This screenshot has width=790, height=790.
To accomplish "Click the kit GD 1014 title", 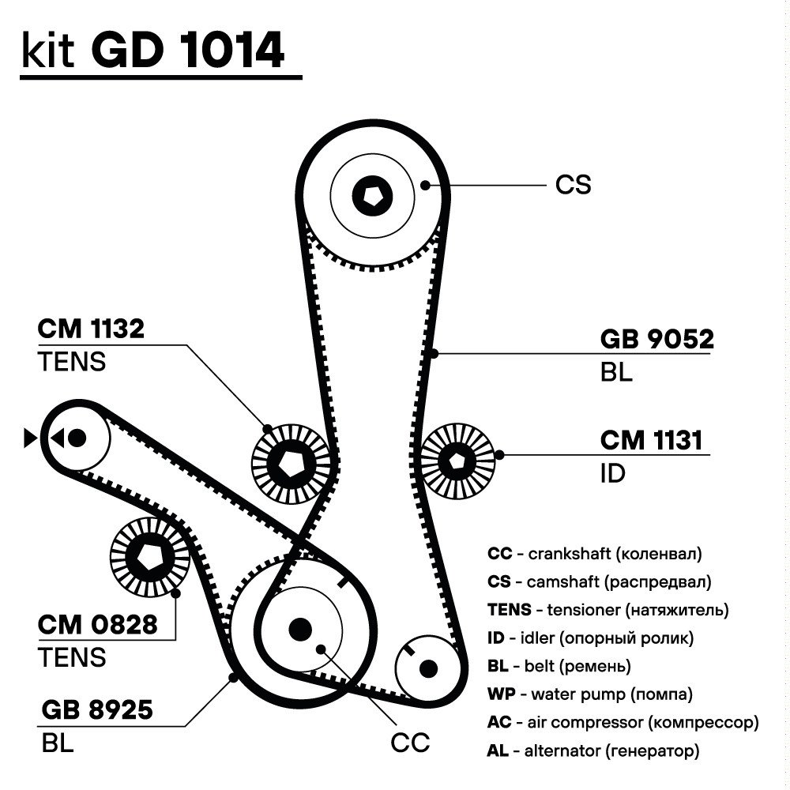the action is (x=153, y=50).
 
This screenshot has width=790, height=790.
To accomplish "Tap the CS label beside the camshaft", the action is (x=573, y=185).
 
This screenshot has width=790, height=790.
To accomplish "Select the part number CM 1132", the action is (x=91, y=329).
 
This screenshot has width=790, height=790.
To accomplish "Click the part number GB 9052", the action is (x=656, y=339).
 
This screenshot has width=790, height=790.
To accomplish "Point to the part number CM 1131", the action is (x=651, y=440).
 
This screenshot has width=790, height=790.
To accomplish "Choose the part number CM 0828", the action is (x=97, y=625).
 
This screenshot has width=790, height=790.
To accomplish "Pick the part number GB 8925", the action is (x=96, y=710).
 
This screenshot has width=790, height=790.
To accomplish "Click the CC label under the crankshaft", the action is (x=410, y=743).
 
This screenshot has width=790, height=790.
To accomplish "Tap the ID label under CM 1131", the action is (x=612, y=473).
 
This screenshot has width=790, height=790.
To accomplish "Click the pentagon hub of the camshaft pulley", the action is (x=373, y=195).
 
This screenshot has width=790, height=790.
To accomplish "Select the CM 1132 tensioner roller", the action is (x=291, y=464).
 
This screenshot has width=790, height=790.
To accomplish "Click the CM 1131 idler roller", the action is (x=457, y=461).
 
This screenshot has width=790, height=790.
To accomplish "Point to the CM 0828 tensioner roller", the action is (x=149, y=557).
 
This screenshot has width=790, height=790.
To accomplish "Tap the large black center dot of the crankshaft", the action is (x=300, y=630).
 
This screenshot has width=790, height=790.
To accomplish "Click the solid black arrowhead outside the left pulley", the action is (x=31, y=438).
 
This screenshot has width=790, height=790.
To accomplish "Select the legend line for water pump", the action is (x=590, y=694).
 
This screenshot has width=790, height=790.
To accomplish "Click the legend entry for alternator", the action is (x=593, y=750).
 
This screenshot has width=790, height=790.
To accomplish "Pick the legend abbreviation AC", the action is (x=499, y=723).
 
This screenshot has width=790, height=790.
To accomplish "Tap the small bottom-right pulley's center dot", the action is (x=428, y=669).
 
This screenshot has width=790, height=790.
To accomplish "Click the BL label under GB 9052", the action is (x=616, y=373).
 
